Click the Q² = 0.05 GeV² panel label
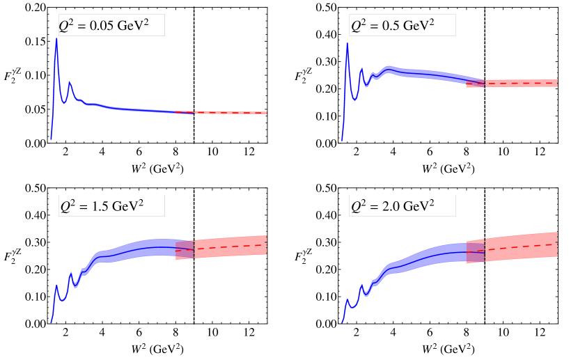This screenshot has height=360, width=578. point(111,26)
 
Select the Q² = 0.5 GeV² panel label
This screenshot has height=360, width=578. point(402,26)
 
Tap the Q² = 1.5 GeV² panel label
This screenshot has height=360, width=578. point(111,206)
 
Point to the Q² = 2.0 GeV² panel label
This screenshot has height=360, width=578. point(402,206)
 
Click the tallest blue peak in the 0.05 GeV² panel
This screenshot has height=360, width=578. point(56,40)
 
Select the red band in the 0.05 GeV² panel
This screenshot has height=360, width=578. point(230,112)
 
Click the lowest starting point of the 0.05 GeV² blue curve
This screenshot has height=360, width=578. point(51,139)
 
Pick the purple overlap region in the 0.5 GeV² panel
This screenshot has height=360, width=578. point(475,84)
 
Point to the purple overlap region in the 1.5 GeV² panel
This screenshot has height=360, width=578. point(185,249)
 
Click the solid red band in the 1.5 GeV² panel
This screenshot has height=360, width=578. point(230,246)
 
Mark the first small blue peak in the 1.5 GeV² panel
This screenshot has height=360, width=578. point(56,285)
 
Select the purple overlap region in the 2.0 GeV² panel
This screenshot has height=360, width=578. point(475,251)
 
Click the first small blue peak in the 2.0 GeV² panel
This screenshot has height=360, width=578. point(347,301)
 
